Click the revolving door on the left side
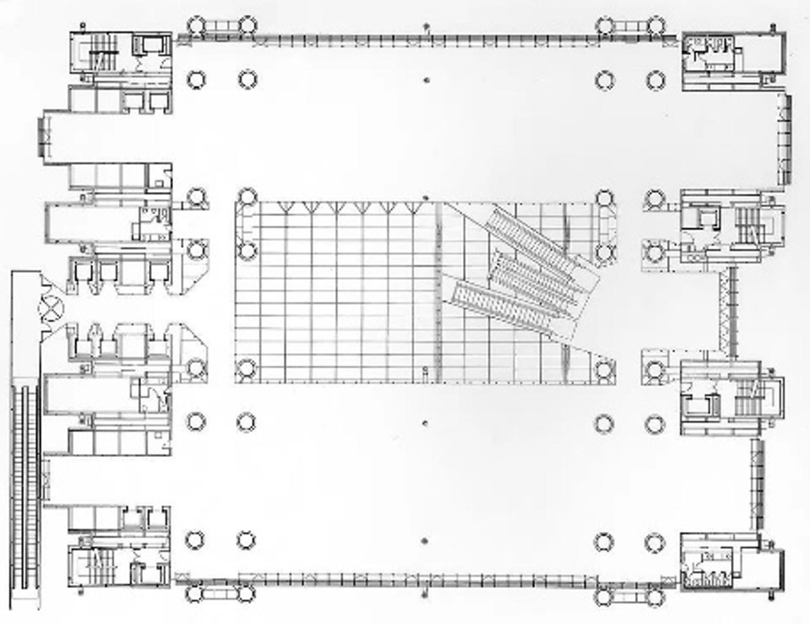(x=52, y=304)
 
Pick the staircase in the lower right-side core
(x=746, y=396)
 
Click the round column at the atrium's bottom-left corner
(x=246, y=368)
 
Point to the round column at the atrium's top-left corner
(x=246, y=197)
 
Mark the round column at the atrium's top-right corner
(x=604, y=197)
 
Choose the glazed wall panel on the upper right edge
(x=785, y=139)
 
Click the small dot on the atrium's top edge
(x=426, y=197)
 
